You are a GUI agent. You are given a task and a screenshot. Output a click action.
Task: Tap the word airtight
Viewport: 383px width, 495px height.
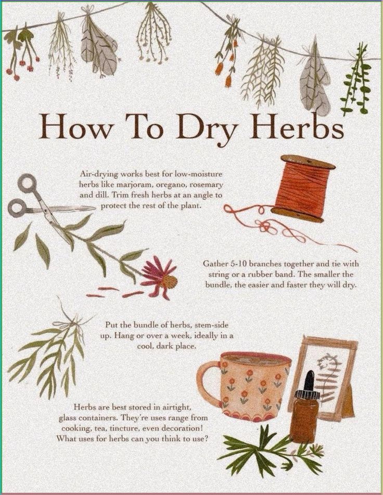tap(173, 407)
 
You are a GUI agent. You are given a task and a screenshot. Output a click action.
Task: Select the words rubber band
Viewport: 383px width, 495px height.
tap(267, 274)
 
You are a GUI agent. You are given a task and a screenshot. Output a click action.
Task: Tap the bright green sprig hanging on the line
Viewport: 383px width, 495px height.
tap(357, 79)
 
